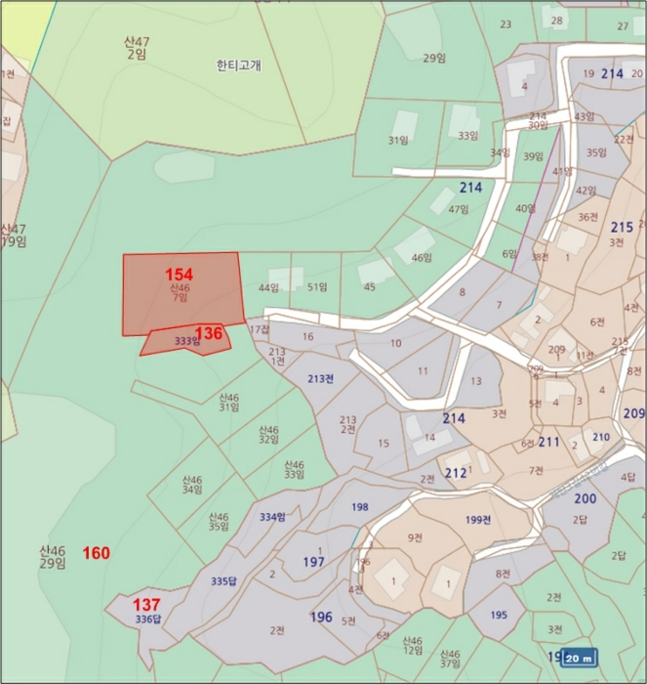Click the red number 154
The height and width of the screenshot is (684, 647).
(x=180, y=274)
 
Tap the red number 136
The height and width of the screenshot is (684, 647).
(x=209, y=333)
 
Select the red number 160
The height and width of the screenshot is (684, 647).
(x=96, y=553)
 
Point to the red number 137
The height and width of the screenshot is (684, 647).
(x=146, y=604)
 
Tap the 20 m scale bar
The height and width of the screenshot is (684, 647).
(x=579, y=658)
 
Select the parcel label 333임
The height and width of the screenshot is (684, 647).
(x=186, y=341)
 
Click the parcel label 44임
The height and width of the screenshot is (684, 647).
(x=268, y=287)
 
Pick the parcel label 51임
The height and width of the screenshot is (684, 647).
(x=316, y=287)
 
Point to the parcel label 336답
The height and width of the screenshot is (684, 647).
(x=147, y=619)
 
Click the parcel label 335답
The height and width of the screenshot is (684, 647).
(x=223, y=581)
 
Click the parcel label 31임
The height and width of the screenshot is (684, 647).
(x=397, y=140)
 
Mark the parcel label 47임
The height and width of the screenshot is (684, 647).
(x=459, y=209)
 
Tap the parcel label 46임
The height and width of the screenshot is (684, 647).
(x=422, y=258)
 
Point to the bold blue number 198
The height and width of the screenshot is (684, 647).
(x=360, y=506)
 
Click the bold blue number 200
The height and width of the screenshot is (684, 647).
(x=585, y=499)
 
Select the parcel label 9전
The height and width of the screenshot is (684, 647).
(x=416, y=536)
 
